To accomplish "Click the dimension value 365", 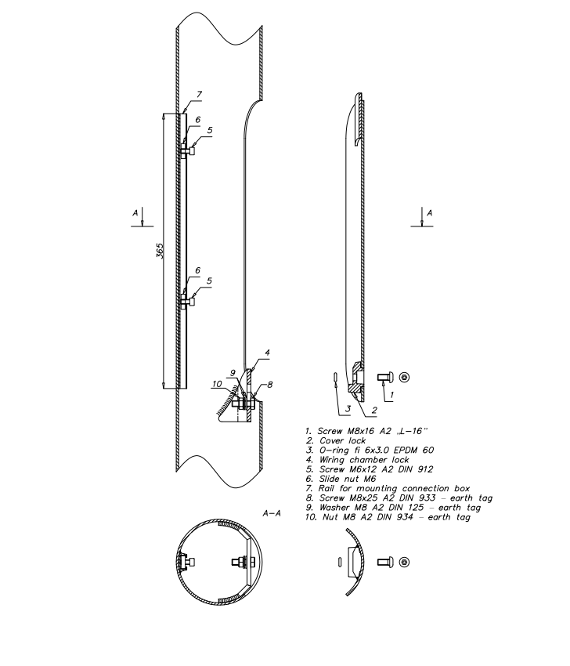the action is [160, 251].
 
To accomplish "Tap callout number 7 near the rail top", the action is [199, 95].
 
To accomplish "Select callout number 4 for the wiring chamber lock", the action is [268, 353].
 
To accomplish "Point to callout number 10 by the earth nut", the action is [217, 384].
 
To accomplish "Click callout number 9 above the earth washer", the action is [233, 373].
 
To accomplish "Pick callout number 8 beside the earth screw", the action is [270, 385].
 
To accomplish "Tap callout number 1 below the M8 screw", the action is [391, 395].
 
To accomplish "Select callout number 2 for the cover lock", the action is [374, 411].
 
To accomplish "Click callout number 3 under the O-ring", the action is [348, 409].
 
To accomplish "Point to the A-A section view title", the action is [272, 513].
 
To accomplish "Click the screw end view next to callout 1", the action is [405, 377].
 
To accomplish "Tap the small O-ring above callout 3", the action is [335, 378].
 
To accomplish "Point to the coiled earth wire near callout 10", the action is [224, 404].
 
